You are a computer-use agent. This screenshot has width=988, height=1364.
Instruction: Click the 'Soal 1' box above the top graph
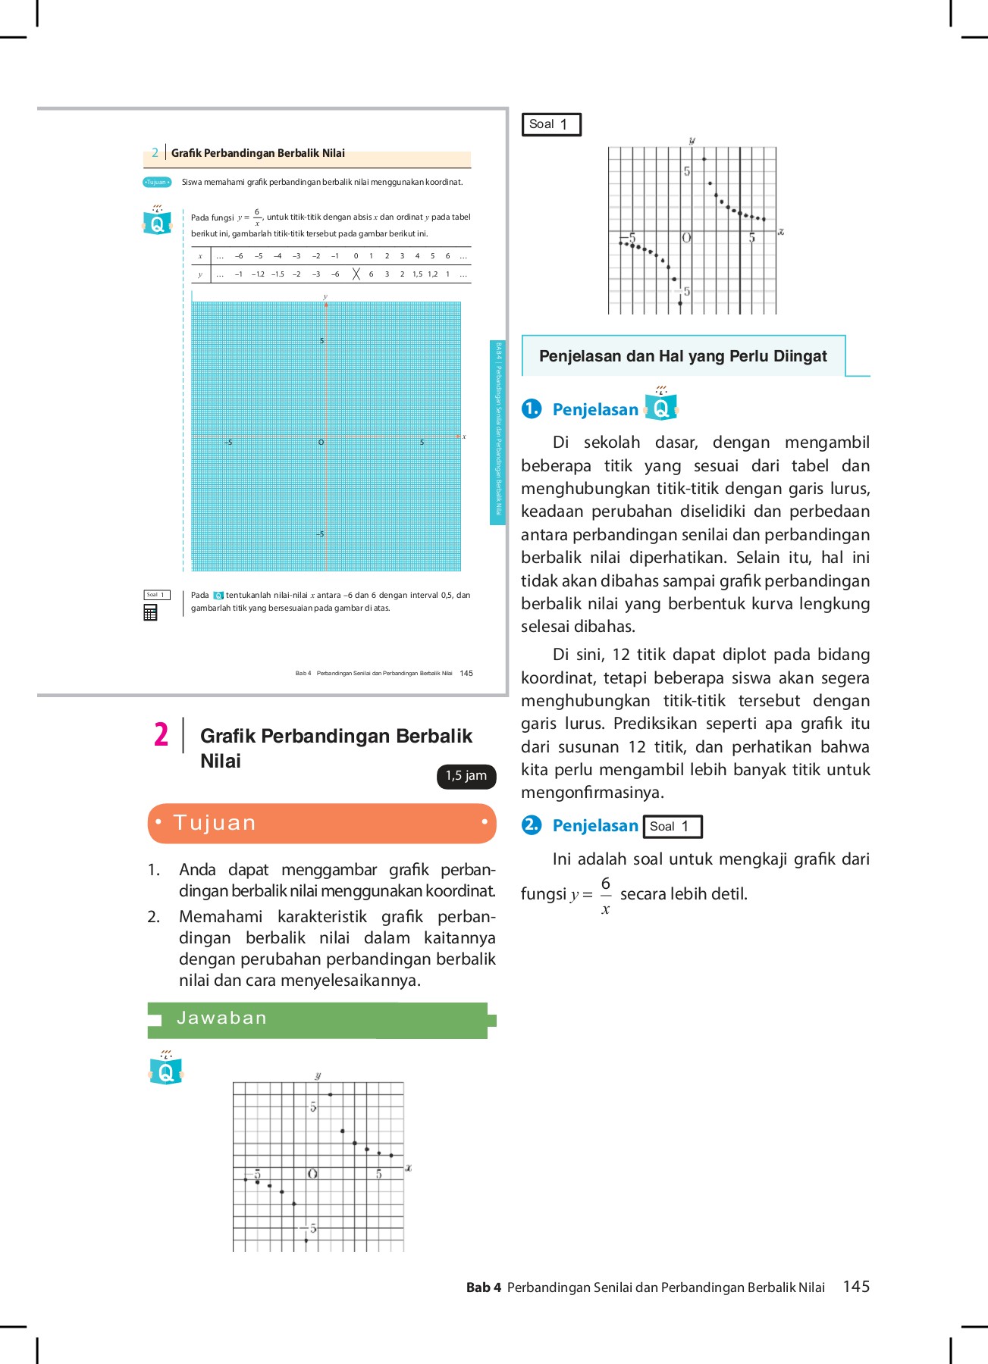click(551, 124)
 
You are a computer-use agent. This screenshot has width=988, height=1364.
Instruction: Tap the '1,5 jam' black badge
click(466, 776)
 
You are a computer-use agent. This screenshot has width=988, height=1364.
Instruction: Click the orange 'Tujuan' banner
click(321, 823)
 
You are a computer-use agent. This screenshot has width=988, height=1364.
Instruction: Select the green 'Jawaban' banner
click(318, 1018)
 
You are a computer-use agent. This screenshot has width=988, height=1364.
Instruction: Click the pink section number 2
click(161, 734)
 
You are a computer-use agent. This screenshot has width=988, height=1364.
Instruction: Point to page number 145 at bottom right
click(856, 1286)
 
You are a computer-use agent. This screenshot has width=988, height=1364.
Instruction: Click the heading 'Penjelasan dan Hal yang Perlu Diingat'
click(682, 356)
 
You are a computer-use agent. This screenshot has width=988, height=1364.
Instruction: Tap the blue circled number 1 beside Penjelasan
click(532, 408)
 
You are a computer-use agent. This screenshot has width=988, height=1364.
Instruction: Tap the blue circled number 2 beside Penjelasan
click(532, 824)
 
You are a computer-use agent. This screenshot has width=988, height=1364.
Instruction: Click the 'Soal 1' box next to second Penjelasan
click(672, 826)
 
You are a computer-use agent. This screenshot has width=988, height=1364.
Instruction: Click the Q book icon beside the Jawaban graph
click(166, 1068)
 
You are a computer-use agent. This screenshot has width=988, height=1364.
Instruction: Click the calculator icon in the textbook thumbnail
click(150, 612)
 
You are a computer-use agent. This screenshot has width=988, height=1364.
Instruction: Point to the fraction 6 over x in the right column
click(605, 895)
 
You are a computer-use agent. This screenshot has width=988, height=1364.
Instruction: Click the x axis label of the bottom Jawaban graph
click(408, 1168)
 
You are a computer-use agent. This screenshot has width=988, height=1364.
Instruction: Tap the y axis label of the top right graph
click(692, 141)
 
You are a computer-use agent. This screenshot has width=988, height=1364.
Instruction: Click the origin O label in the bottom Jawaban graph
click(312, 1174)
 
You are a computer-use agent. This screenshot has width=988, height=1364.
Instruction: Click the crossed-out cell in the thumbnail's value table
click(356, 274)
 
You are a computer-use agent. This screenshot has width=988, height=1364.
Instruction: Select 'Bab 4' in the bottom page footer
click(483, 1287)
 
